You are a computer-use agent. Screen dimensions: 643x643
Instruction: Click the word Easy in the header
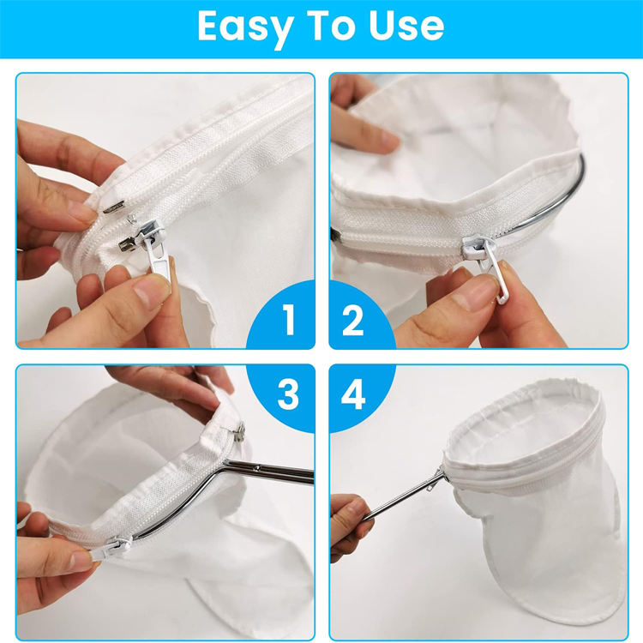click(244, 27)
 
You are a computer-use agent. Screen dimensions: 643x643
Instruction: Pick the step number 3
click(288, 394)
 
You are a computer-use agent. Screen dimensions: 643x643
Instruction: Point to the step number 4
click(353, 394)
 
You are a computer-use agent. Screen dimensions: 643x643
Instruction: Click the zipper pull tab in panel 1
click(158, 259)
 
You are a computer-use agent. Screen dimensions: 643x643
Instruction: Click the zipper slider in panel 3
click(117, 549)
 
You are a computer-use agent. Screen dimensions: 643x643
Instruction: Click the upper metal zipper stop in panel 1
click(114, 209)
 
